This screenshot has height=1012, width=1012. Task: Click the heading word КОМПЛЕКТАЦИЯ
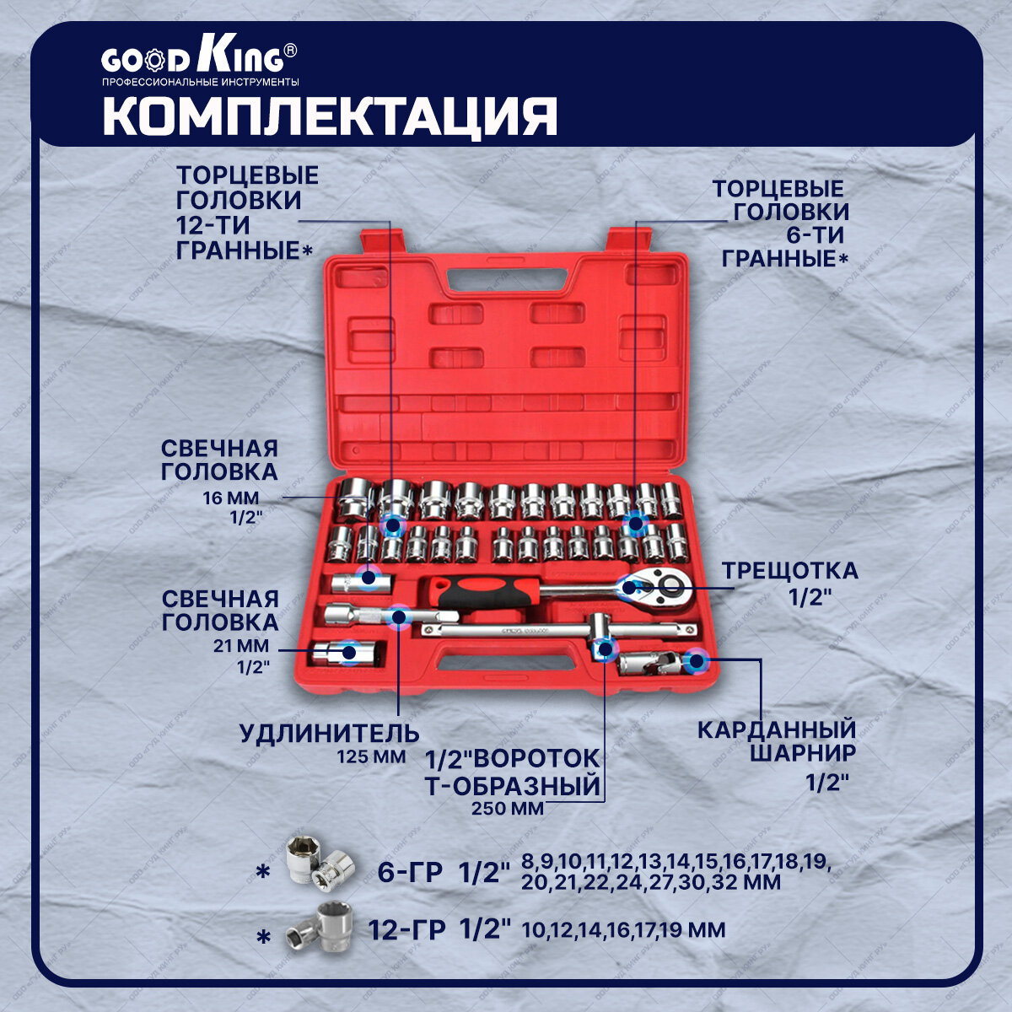[x=330, y=116]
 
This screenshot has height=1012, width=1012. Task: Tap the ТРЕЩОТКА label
[x=789, y=571]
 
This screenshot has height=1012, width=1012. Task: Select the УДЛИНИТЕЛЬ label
[x=329, y=732]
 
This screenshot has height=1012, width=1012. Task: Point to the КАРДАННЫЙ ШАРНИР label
[x=777, y=740]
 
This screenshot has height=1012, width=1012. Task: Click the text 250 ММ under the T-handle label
[x=508, y=809]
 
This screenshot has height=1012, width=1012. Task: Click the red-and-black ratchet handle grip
[x=481, y=593]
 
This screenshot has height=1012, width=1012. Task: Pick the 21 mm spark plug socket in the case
[x=347, y=654]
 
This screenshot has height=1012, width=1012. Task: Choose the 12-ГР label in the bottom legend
[x=406, y=931]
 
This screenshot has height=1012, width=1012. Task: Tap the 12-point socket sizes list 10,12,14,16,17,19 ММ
[x=623, y=931]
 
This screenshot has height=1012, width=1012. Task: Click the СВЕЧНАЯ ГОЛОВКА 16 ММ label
[x=219, y=460]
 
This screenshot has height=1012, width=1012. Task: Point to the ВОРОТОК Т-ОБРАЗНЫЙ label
[x=514, y=772]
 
